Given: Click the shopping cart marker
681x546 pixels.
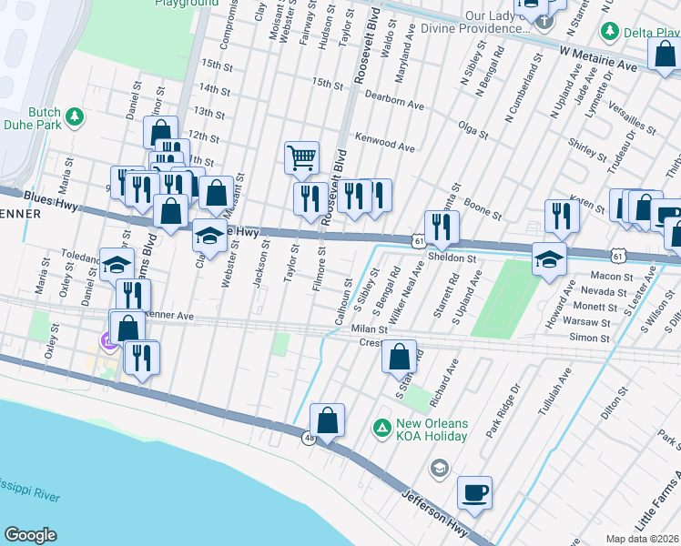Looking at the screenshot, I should (301, 157).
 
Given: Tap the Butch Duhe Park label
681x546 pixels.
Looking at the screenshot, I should (45, 118).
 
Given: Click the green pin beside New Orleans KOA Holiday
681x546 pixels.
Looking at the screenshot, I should (381, 426).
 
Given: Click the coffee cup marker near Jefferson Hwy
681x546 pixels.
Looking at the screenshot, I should (474, 493).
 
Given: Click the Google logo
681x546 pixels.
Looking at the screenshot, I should (30, 535).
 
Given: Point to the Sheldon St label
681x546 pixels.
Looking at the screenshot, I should (452, 258).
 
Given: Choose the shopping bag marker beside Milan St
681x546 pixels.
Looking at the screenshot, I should (399, 357).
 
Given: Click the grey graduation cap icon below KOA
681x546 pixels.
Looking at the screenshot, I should (439, 468).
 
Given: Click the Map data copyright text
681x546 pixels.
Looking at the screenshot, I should (643, 538).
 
